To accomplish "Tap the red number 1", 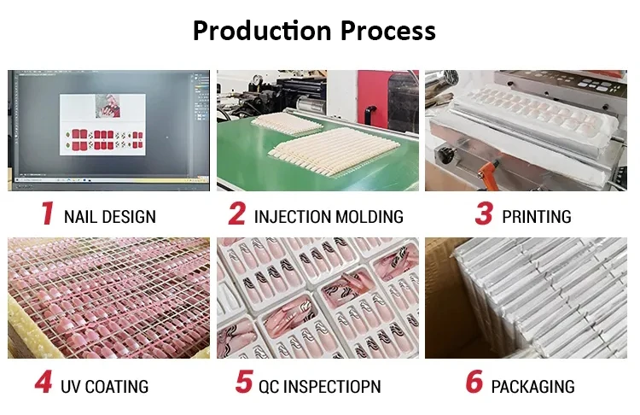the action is [49, 213].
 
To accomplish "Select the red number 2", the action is [236, 213].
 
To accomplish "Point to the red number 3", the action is [484, 213].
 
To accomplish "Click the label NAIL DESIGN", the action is [110, 216].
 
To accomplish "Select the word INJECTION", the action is [290, 216].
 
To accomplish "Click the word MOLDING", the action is [368, 216].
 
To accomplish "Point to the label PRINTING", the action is [537, 216].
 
